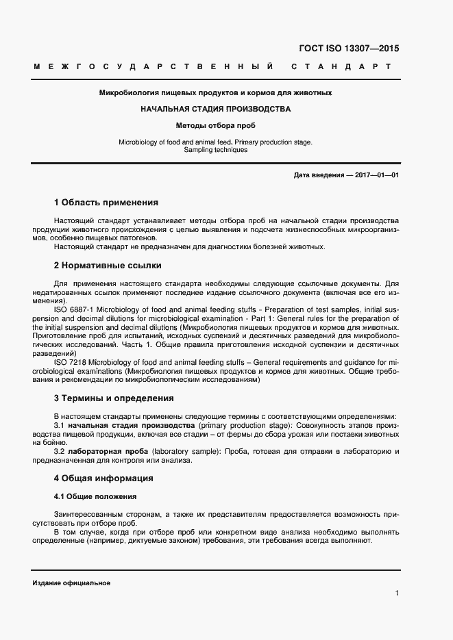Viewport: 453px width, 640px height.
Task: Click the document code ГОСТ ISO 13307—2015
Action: pos(350,49)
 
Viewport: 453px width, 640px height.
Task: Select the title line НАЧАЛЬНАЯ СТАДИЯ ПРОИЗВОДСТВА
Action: pos(215,109)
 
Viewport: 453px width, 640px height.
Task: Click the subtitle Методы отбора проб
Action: pos(215,126)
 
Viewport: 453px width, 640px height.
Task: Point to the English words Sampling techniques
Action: pos(215,150)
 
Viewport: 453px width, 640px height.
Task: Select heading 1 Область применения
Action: pos(106,203)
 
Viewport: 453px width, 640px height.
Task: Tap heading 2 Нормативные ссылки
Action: pos(107,266)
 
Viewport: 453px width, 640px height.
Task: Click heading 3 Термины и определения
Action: pos(113,398)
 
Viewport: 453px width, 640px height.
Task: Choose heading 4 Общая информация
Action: pos(103,478)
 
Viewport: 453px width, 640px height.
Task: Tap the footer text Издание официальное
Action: pos(71,583)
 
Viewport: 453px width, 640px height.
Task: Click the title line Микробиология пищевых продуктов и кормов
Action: pos(215,92)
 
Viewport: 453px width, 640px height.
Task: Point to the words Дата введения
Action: pos(319,175)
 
